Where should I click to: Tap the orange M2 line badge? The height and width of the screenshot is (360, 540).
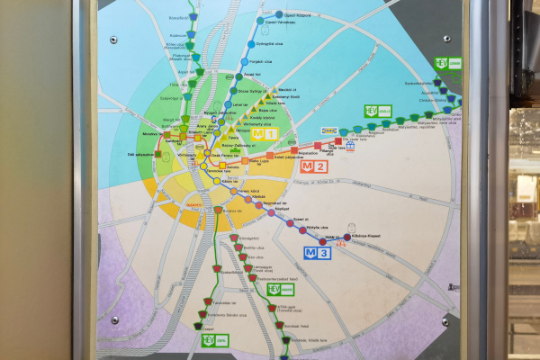coord(314,166)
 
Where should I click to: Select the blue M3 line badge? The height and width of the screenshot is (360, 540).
coord(319,253)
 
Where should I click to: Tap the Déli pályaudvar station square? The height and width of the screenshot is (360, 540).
coord(158,154)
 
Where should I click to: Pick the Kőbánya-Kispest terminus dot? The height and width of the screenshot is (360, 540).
coord(346,238)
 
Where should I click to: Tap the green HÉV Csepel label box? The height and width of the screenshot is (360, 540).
coord(216,339)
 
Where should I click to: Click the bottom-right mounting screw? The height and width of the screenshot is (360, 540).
coord(445,320)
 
